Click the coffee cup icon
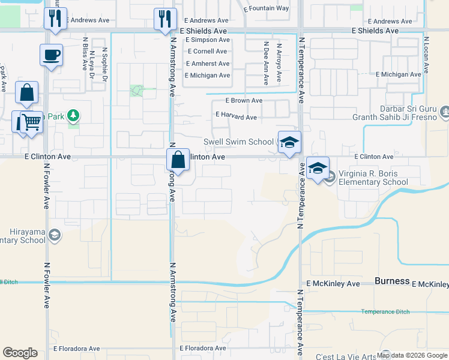click(52, 55)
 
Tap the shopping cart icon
click(32, 122)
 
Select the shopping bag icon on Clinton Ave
click(178, 160)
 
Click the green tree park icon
click(73, 114)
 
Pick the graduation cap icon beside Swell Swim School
click(289, 142)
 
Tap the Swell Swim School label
click(239, 142)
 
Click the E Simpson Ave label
click(207, 40)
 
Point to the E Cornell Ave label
click(207, 52)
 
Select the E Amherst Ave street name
click(208, 64)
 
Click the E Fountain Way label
click(267, 8)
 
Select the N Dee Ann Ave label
click(266, 61)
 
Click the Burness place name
click(392, 281)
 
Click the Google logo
click(20, 353)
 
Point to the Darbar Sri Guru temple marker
click(445, 111)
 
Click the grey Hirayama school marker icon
click(55, 235)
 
